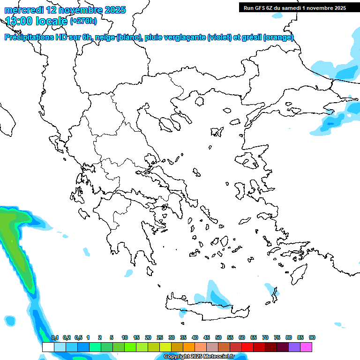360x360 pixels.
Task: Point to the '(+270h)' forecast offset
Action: coord(83,21)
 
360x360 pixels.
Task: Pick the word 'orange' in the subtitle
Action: coord(281,37)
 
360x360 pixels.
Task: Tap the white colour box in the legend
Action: coord(48,347)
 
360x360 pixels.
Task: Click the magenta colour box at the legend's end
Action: coord(306,347)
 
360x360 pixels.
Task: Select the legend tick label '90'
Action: coord(312,338)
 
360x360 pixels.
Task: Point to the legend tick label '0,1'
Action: coord(55,338)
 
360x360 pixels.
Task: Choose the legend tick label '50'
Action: coord(218,338)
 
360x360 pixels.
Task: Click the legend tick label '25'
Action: coord(160,338)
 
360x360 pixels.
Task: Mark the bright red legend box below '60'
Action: coord(247,347)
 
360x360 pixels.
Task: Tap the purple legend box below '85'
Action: coord(294,347)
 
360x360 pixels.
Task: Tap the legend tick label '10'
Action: coord(125,338)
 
